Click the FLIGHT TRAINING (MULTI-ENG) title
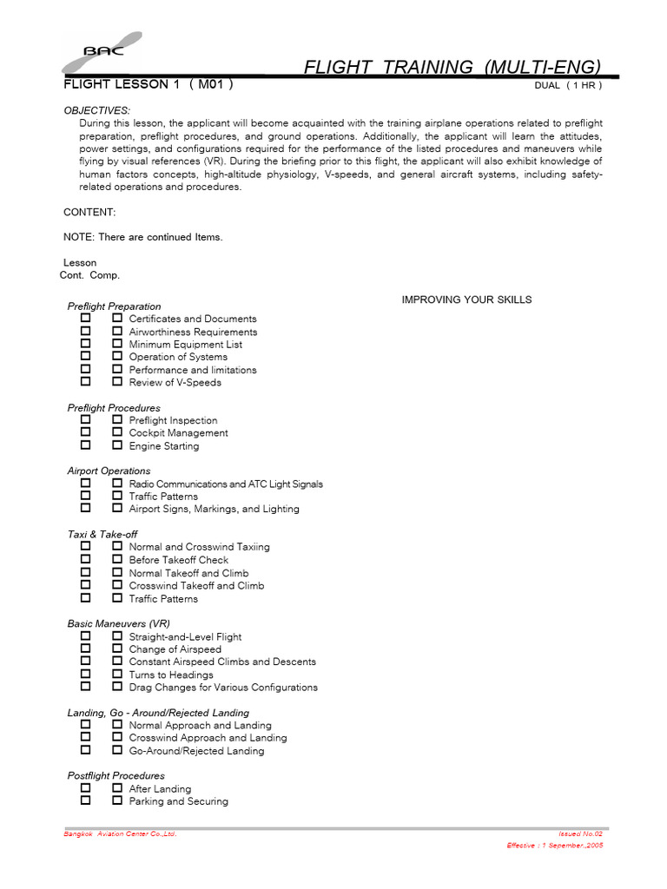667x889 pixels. coord(452,67)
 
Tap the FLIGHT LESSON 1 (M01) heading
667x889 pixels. coord(148,85)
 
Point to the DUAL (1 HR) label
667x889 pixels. coord(568,86)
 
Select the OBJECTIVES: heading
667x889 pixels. coord(97,110)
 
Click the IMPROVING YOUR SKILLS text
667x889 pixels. coord(466,300)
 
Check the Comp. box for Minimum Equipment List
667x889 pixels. coord(116,344)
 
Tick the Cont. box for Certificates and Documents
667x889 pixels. coord(85,319)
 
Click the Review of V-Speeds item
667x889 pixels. coord(175,382)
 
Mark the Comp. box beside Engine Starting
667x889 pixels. coord(116,445)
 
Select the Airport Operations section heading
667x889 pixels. coord(109,471)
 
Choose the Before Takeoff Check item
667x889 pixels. coord(179,560)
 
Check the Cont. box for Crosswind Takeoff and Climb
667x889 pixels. coord(85,585)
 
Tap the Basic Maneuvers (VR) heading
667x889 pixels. coord(119,623)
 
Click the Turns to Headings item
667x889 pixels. coord(171,675)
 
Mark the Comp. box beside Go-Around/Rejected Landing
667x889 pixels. coord(116,750)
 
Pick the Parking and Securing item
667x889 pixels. coord(178,801)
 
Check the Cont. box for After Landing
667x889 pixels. coord(85,788)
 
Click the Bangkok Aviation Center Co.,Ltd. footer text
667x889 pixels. coord(121,833)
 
